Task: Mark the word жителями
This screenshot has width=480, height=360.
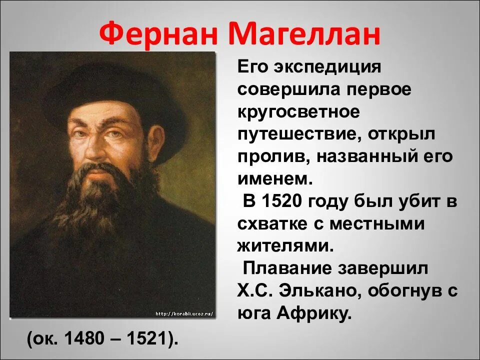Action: [283, 246]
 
